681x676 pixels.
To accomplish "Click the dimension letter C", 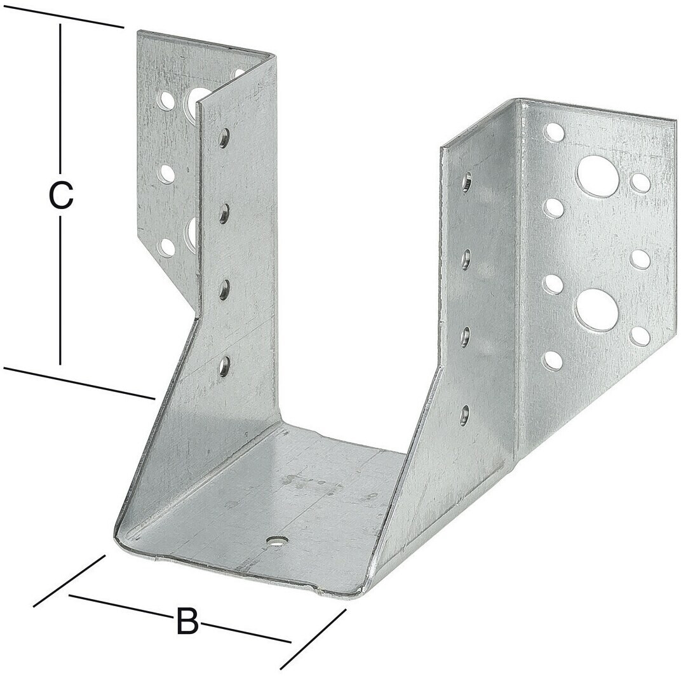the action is pos(60,196).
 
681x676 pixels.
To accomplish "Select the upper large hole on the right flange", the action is pos(598,177).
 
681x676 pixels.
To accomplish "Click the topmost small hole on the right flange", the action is pos(555,132).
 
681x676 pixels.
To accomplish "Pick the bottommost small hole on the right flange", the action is pos(553,361).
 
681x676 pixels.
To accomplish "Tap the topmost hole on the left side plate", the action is pos(224,138).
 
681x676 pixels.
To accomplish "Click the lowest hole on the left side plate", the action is pos(224,366).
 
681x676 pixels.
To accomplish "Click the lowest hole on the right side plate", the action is pos(465,414).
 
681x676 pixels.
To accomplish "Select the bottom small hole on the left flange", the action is pos(167,247).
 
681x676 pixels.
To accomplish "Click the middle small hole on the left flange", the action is pos(167,172).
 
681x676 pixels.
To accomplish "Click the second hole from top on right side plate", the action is pos(467,259).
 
